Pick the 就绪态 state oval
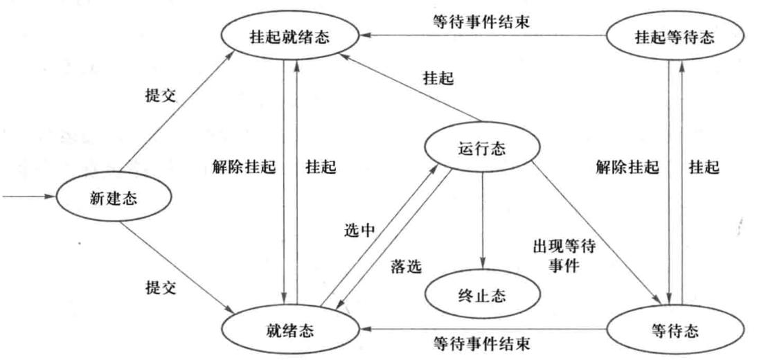point(290,329)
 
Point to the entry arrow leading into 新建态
point(28,197)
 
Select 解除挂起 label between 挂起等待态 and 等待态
point(627,166)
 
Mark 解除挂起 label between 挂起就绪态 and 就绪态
point(244,166)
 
